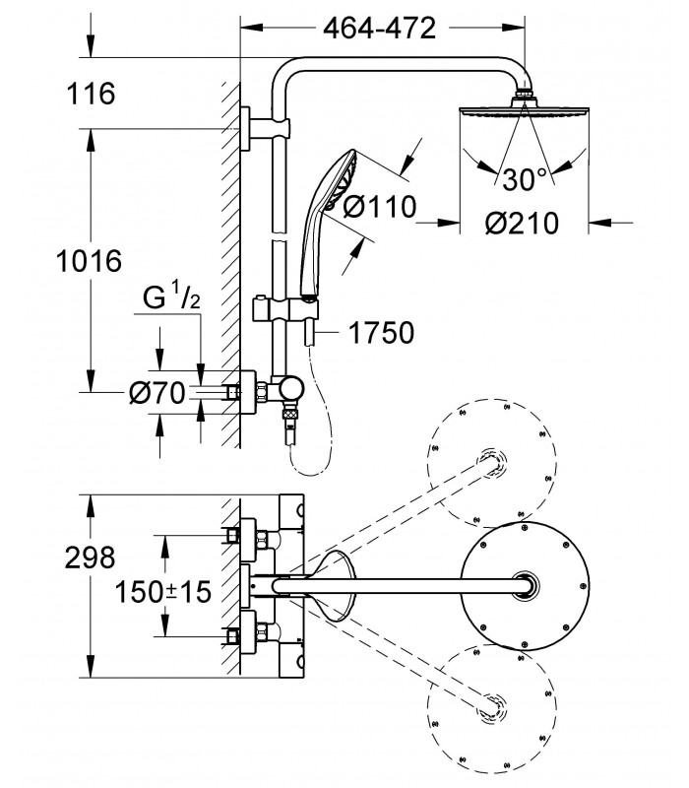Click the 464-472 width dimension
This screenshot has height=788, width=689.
379,29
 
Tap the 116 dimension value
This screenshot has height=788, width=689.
91,94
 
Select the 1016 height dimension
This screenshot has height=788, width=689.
89,261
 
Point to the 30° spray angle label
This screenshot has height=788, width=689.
525,179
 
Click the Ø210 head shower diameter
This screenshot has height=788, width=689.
522,223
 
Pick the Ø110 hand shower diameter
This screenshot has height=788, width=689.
380,207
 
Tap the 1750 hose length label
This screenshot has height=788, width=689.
381,333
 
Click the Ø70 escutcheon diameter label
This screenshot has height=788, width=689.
157,392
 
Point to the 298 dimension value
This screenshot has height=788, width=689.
90,558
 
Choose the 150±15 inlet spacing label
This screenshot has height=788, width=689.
163,592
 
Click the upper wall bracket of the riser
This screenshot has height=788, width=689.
266,128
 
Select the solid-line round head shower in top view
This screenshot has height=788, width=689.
525,585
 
